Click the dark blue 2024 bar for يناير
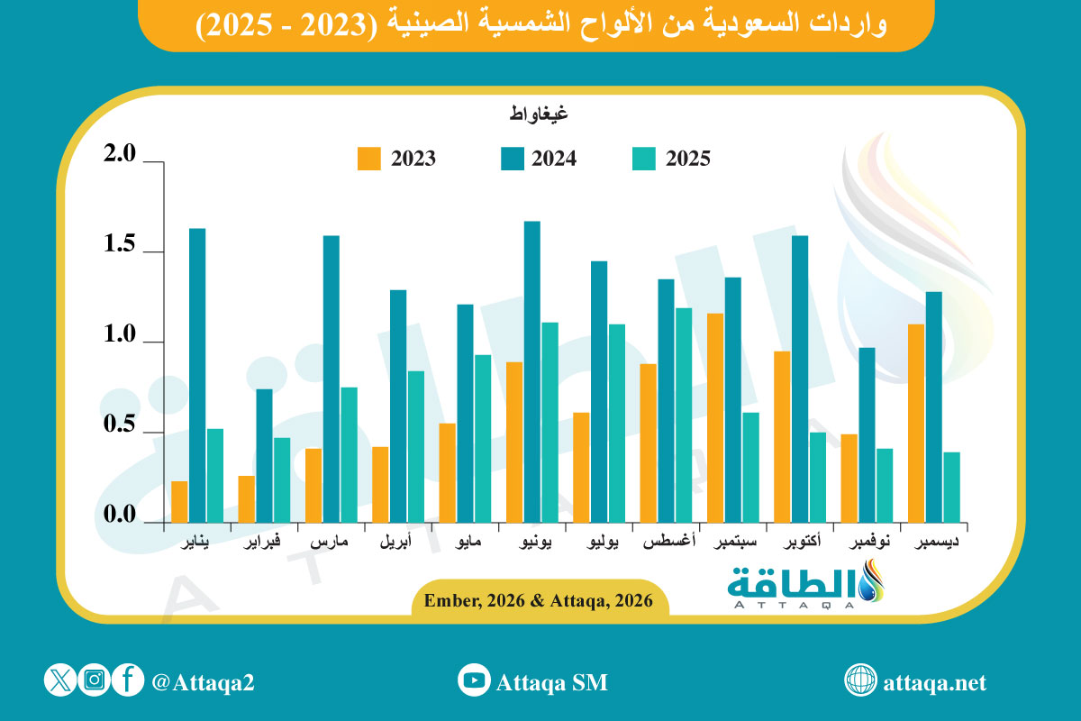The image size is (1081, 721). coord(197,375)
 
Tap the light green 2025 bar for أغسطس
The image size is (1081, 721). coord(684,415)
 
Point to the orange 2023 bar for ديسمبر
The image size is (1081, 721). coord(916,423)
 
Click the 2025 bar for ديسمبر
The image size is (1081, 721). coord(951,487)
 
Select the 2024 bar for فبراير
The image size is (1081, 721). coord(264,455)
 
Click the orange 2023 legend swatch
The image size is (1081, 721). coord(369,159)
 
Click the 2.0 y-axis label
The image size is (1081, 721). coord(120,155)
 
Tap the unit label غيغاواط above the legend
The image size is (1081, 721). coord(538,114)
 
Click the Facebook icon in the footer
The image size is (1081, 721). coord(129,680)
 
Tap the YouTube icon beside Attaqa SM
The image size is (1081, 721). coord(473,680)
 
